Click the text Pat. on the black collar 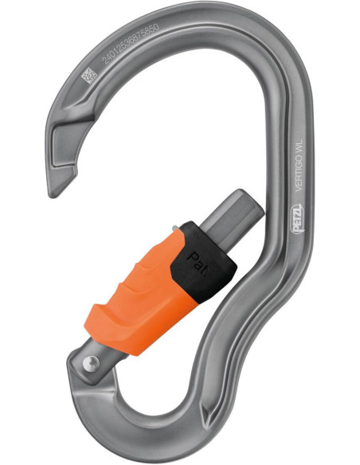tap(194, 262)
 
